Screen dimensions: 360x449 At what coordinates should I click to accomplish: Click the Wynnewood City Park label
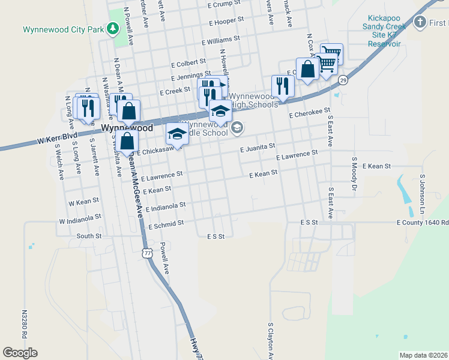pos(62,29)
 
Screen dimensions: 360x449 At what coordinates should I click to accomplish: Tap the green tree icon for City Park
pos(112,28)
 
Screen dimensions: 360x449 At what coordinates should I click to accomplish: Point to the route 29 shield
pos(343,80)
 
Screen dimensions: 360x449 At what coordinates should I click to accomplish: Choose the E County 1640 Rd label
pos(422,223)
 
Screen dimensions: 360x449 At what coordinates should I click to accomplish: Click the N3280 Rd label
pos(25,324)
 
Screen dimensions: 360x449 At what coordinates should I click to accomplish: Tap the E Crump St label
pos(224,4)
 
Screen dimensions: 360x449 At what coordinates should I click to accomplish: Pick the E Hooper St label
pos(226,22)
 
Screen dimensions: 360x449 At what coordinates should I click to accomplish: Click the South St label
pos(89,236)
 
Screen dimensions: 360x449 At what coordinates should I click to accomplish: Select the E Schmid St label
pos(166,223)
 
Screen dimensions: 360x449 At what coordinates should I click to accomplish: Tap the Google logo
pos(20,353)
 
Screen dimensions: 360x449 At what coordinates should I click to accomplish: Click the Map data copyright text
pos(423,355)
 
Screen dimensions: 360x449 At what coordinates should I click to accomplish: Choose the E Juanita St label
pos(257,147)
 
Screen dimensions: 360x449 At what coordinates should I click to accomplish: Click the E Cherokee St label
pos(309,113)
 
